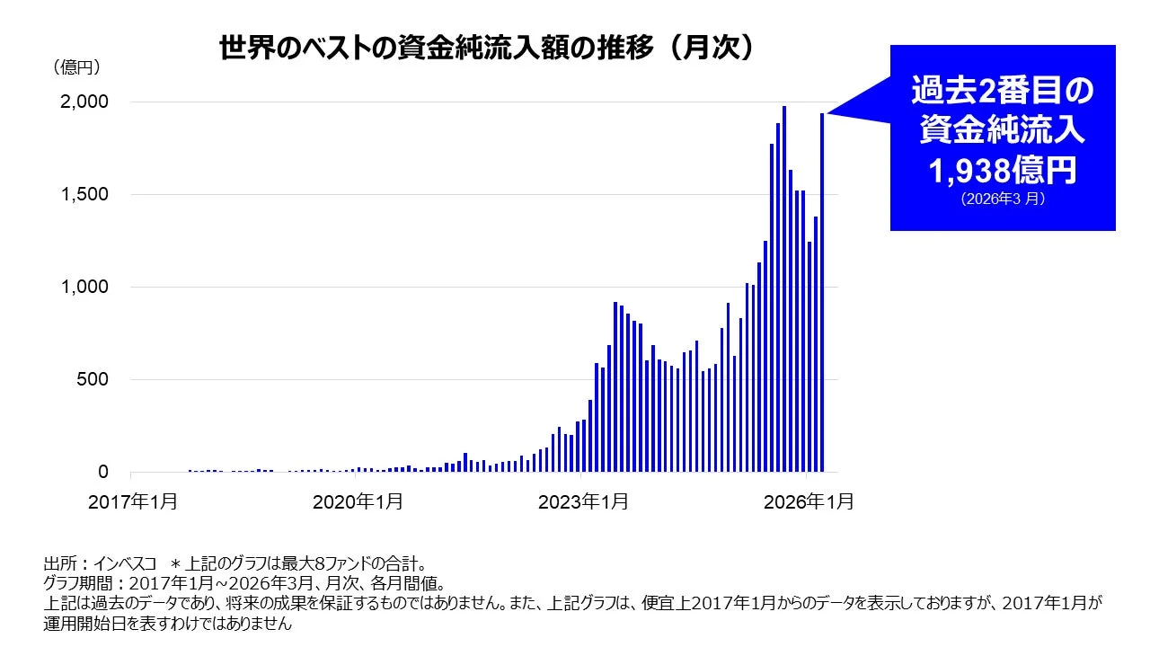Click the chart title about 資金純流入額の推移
[485, 48]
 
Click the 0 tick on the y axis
[102, 473]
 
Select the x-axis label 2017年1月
[133, 502]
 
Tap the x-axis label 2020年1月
[358, 502]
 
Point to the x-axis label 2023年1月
[583, 502]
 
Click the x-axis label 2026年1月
[809, 502]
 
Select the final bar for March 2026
[822, 292]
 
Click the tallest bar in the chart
[784, 288]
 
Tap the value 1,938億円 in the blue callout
[1002, 170]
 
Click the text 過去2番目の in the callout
[1002, 90]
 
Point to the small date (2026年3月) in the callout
[1002, 199]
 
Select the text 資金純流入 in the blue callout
[1002, 130]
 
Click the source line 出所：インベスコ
[99, 564]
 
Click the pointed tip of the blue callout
[829, 113]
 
